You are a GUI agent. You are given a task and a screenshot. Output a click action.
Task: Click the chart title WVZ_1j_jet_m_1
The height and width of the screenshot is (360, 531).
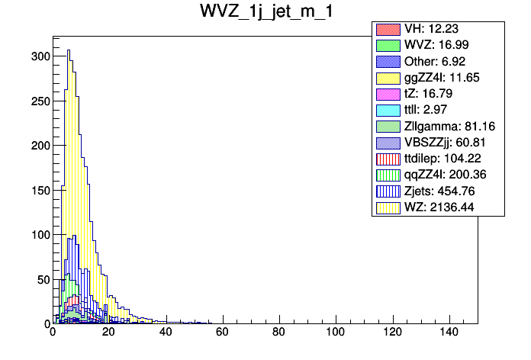pyautogui.click(x=265, y=13)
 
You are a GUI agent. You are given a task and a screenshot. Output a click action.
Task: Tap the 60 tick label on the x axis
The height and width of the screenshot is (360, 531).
pyautogui.click(x=222, y=333)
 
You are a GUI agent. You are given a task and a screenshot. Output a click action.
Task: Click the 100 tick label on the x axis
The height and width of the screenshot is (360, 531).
pyautogui.click(x=335, y=333)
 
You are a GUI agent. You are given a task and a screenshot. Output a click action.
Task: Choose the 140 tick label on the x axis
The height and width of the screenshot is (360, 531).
pyautogui.click(x=449, y=333)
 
